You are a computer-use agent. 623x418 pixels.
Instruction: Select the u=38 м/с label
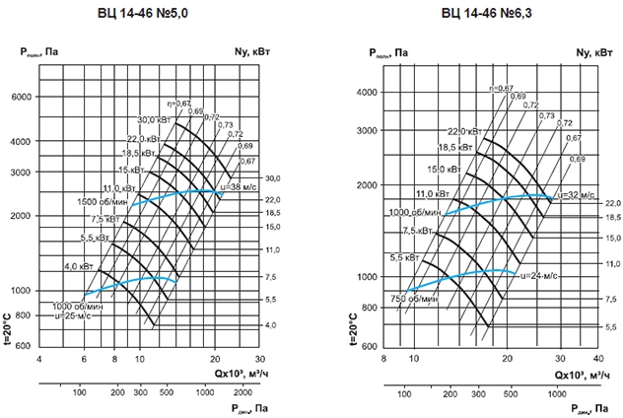coord(241,187)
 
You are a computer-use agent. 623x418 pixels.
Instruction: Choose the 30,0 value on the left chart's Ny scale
coord(273,178)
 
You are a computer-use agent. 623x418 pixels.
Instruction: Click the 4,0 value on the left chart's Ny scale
coord(273,324)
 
